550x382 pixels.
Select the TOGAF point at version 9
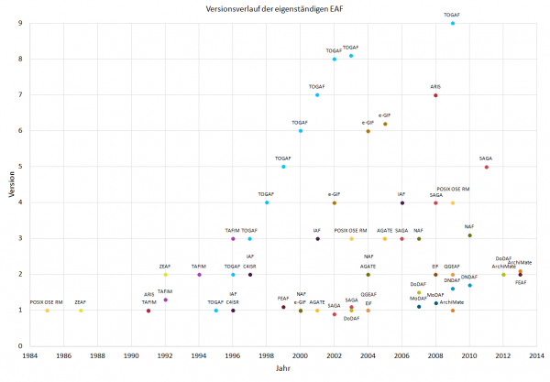click(453, 23)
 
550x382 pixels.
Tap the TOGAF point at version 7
click(317, 95)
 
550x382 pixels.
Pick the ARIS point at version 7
click(435, 95)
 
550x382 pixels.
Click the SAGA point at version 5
click(487, 167)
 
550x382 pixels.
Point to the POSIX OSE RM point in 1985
click(47, 311)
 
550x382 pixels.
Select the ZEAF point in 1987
click(81, 311)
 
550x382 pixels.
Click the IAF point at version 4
click(401, 202)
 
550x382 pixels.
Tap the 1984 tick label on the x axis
click(30, 354)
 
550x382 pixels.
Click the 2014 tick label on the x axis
click(537, 354)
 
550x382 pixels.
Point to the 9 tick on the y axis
click(20, 23)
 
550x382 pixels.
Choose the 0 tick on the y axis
click(20, 346)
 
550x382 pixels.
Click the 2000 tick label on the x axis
click(301, 354)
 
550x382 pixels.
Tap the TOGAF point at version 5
click(283, 167)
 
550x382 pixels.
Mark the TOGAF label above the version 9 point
click(452, 15)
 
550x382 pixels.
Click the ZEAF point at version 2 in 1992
click(165, 274)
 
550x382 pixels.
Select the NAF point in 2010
click(469, 235)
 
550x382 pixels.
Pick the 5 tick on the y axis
click(20, 167)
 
